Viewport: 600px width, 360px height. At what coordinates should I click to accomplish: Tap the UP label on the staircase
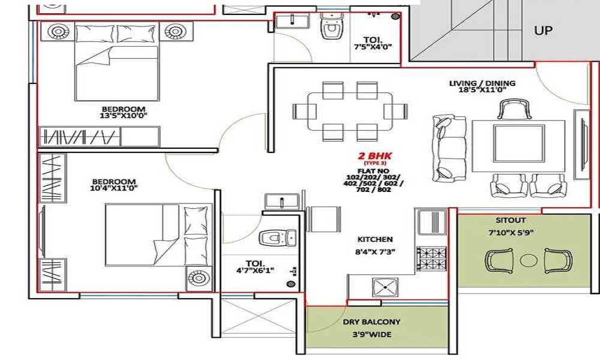(544, 31)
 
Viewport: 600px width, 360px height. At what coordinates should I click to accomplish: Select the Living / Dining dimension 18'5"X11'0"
(482, 90)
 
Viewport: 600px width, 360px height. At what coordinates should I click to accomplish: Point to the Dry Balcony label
(371, 322)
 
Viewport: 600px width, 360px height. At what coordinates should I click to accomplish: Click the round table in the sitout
(528, 260)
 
